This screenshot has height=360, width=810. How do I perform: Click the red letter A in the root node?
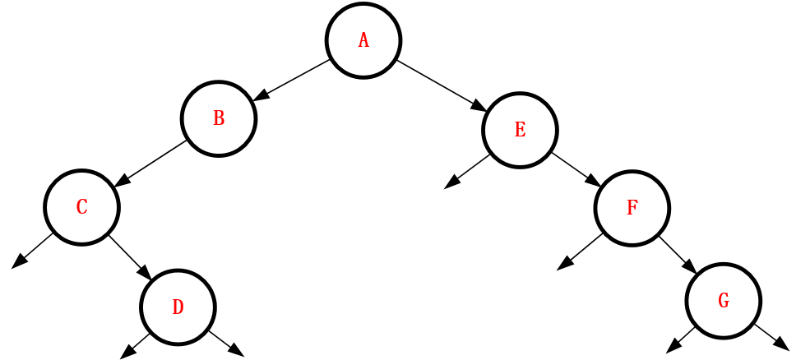[363, 41]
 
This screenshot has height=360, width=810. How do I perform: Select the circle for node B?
[219, 118]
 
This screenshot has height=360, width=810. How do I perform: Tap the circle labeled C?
[81, 207]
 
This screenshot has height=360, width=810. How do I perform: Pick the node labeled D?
[178, 307]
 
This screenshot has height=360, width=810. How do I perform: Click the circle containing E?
[520, 130]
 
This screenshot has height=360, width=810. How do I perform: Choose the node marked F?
[632, 208]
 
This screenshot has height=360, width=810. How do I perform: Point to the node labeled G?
[724, 301]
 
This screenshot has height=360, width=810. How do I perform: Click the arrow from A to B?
[292, 80]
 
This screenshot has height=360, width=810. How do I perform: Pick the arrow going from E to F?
[576, 169]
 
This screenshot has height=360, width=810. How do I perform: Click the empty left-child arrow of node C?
[32, 250]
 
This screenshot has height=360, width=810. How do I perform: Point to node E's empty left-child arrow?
[466, 172]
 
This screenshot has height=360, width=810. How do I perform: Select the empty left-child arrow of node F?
[579, 252]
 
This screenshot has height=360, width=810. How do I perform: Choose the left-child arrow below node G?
[681, 339]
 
